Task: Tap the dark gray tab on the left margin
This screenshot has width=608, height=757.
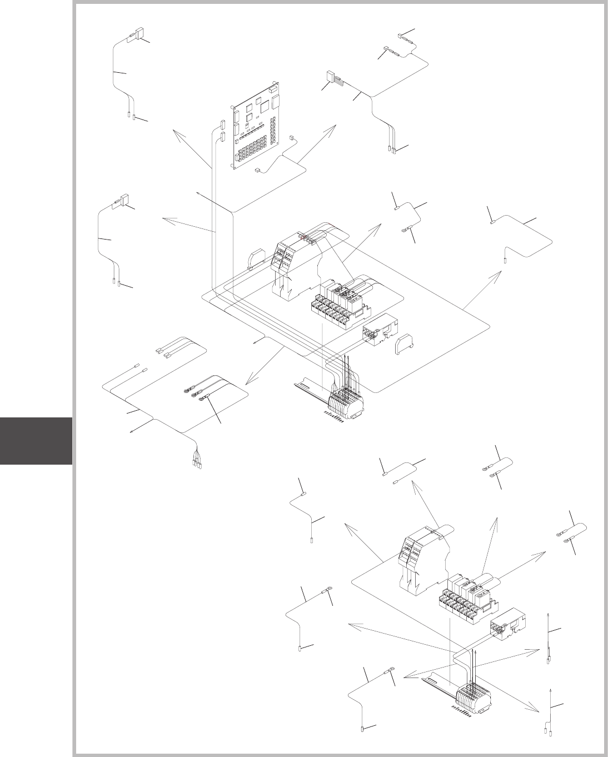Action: click(36, 441)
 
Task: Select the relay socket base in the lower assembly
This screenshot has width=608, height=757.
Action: click(464, 603)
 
